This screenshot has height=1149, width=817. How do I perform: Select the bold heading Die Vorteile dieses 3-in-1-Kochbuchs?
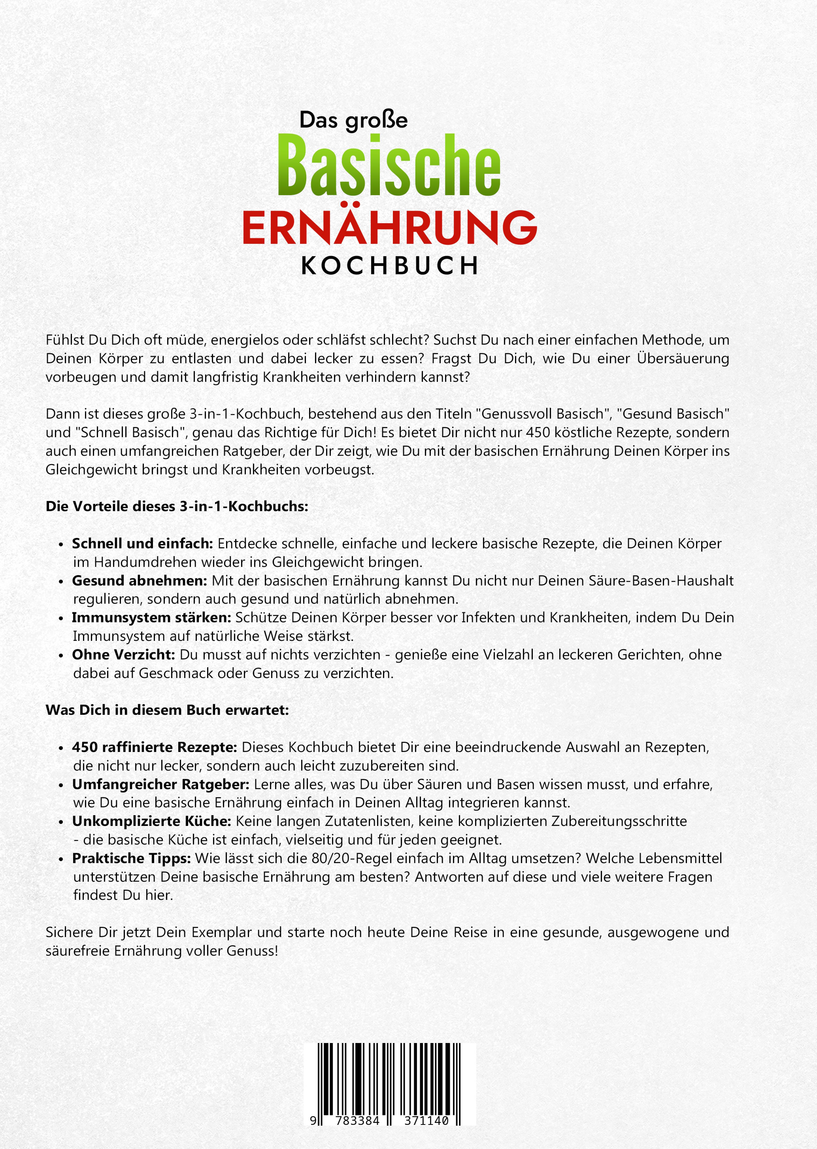click(176, 506)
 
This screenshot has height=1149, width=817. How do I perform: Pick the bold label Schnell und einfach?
click(142, 544)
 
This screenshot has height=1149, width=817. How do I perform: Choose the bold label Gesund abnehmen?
click(139, 581)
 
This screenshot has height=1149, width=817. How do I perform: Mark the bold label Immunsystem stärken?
click(151, 618)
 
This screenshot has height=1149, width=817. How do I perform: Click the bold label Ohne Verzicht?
click(123, 655)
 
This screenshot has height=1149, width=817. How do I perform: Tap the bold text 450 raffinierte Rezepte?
click(154, 747)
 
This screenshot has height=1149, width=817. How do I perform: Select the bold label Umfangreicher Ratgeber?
click(160, 784)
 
